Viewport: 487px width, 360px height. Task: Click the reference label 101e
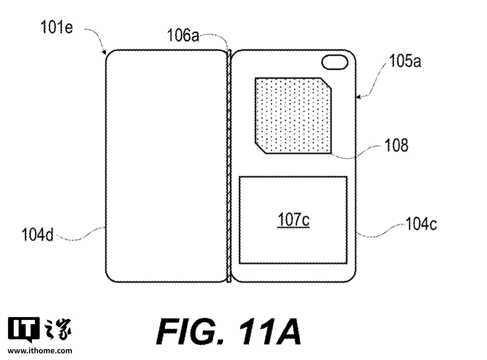coord(56,27)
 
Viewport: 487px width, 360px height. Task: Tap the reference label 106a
coord(183,35)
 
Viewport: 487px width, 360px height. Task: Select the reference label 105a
coord(405,62)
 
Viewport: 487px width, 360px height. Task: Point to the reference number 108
coord(396,145)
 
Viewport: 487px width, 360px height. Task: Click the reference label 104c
coord(421,224)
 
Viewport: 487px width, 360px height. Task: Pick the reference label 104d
coord(38,234)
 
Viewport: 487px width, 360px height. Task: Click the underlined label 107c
coord(293,220)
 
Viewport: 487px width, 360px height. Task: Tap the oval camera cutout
coord(334,63)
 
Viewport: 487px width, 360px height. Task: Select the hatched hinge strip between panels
coord(229,166)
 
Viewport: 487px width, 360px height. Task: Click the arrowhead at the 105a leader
coord(359,97)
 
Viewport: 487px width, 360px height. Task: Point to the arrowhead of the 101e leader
coord(104,52)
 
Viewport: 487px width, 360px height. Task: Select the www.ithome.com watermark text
coord(40,351)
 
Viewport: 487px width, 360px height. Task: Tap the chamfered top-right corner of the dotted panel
coord(326,83)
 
